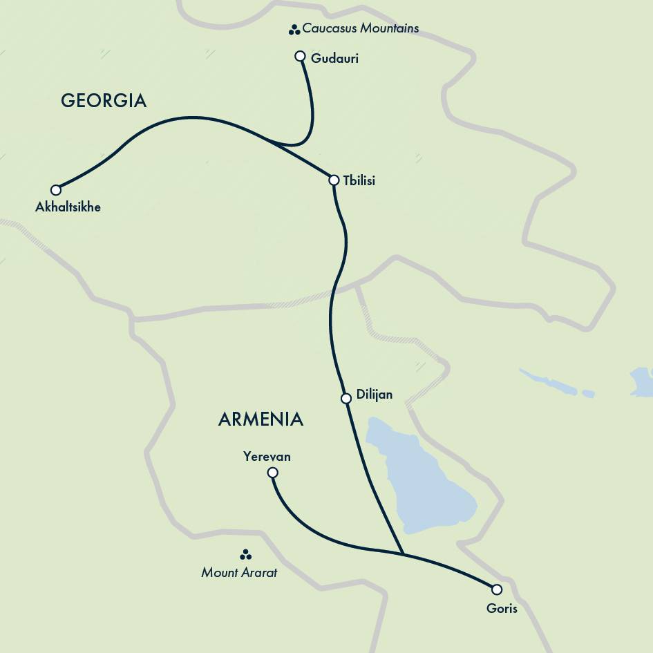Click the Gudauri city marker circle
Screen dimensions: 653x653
(300, 56)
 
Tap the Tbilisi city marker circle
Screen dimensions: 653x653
(334, 180)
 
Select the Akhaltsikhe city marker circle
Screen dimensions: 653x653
(56, 190)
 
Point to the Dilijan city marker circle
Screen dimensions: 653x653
(346, 399)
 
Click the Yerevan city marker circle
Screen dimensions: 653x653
(273, 473)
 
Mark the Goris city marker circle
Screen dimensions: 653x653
(497, 589)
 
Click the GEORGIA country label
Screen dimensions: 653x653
(104, 101)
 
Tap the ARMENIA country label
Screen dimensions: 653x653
(261, 419)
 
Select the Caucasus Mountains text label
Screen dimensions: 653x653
(360, 29)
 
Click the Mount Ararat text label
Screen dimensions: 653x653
(239, 572)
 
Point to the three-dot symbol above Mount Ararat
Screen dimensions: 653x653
(245, 555)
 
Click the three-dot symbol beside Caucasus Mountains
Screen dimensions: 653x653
(294, 30)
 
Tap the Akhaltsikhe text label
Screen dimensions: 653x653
(68, 207)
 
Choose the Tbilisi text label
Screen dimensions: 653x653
(359, 181)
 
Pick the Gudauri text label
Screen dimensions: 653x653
(334, 59)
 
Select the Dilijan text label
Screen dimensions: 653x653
(374, 395)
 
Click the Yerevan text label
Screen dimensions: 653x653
(267, 457)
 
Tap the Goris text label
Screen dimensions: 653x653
(502, 609)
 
